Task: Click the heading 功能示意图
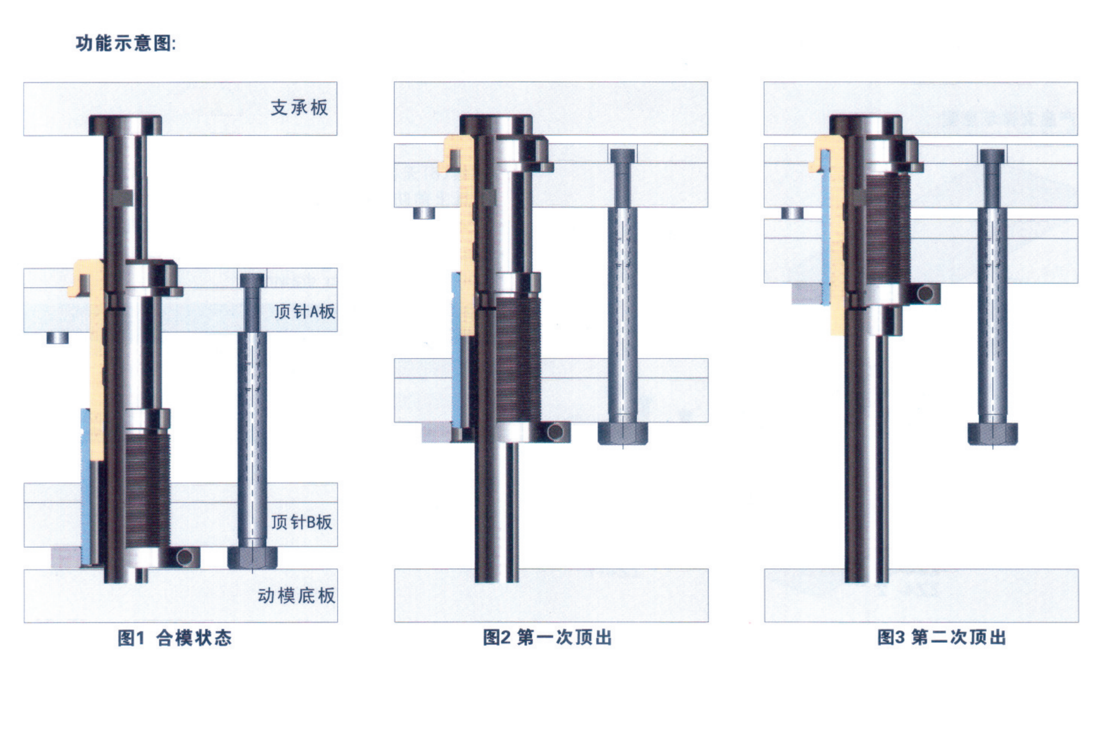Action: [125, 43]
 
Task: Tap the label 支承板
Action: [299, 107]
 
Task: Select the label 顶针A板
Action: [304, 311]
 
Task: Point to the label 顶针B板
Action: [302, 522]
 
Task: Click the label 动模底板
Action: [296, 596]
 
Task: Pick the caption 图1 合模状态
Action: [175, 638]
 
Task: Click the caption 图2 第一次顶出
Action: [547, 638]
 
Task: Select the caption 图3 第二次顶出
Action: [942, 638]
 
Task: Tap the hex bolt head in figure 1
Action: [252, 558]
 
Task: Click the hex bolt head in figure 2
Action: [623, 434]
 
